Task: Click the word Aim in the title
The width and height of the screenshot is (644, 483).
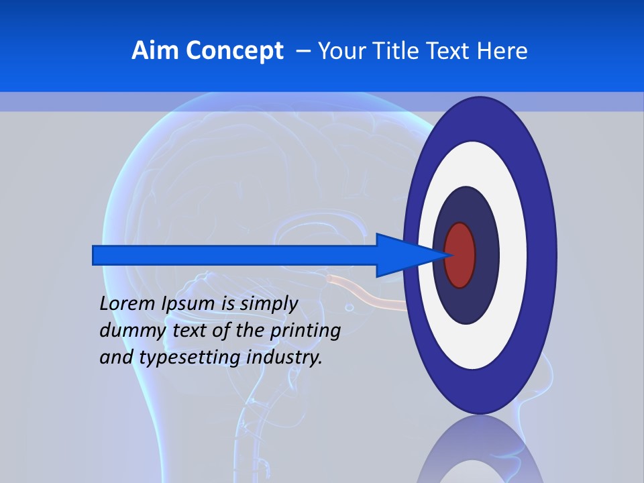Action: click(154, 50)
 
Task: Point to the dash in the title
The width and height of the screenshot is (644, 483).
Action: click(303, 52)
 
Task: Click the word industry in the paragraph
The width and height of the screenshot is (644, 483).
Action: click(284, 358)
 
